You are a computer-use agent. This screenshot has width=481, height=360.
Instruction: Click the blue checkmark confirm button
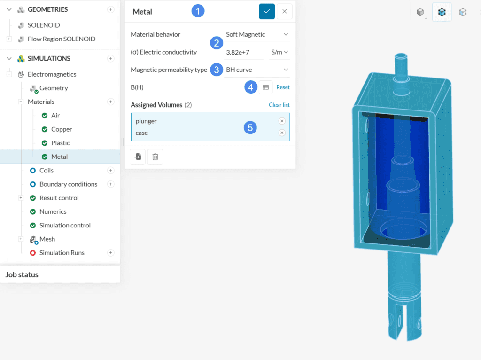click(x=267, y=11)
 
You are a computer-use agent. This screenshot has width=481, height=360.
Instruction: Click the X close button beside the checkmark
click(x=284, y=11)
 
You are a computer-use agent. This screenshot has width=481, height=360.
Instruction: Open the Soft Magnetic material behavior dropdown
click(x=257, y=34)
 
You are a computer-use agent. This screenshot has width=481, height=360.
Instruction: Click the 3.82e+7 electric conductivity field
click(x=243, y=52)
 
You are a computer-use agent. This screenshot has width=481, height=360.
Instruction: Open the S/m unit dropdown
click(x=279, y=52)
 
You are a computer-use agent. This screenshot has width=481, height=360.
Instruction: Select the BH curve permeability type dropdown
click(x=257, y=70)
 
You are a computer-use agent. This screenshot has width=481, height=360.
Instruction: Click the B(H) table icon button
click(x=265, y=87)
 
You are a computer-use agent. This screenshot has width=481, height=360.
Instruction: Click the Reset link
click(x=283, y=87)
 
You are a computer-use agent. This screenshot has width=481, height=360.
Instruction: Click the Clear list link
click(x=279, y=105)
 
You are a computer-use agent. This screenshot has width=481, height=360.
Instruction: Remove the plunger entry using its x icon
click(x=282, y=121)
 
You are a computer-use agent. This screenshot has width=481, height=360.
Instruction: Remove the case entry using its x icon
click(x=282, y=133)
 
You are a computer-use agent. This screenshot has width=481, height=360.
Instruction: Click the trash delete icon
click(x=155, y=157)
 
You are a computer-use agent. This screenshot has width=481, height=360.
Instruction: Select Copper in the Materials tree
click(x=62, y=129)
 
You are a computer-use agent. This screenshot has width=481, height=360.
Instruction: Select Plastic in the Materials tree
click(x=61, y=143)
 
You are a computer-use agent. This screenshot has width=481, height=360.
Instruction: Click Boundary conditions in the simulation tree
click(x=68, y=184)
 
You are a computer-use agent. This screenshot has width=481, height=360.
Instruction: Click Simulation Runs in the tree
click(x=62, y=253)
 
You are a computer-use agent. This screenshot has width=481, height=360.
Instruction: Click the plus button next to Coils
click(x=111, y=171)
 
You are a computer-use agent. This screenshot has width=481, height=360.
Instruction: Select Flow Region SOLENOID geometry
click(x=61, y=39)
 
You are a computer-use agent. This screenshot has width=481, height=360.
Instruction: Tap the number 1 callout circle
click(x=198, y=11)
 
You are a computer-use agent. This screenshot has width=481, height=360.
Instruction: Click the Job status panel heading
click(x=22, y=274)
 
